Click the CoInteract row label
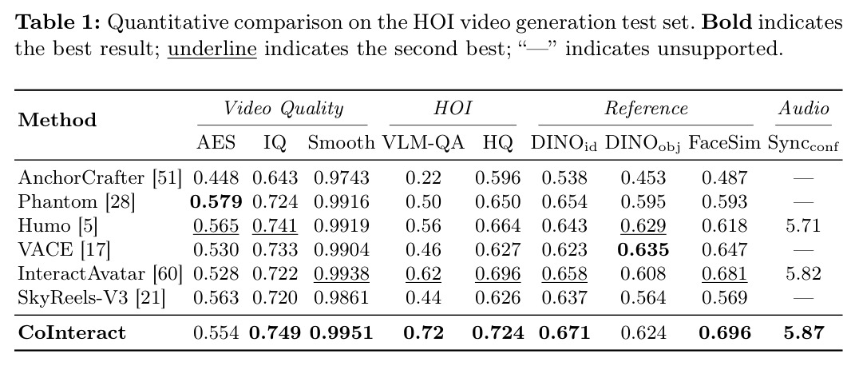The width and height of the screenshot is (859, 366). (x=72, y=332)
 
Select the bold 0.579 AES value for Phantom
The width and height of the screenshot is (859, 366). (x=216, y=201)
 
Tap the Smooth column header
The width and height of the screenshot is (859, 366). (x=342, y=143)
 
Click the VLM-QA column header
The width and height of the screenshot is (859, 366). (x=423, y=143)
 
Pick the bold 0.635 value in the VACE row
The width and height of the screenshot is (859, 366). (x=643, y=249)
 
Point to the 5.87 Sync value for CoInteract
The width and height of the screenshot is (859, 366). (x=804, y=332)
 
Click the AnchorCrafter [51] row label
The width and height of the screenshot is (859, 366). (x=100, y=177)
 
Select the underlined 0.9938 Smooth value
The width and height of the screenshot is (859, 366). (x=342, y=274)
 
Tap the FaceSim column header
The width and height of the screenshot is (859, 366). (x=724, y=143)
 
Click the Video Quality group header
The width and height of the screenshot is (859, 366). (x=283, y=108)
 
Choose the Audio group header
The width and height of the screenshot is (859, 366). (x=804, y=108)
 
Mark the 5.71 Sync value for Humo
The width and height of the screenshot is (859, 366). (x=804, y=225)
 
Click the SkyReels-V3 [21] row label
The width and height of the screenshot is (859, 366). (x=92, y=297)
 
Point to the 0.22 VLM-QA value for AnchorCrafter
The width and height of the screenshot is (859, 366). (x=423, y=177)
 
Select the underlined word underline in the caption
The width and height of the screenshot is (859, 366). (x=212, y=49)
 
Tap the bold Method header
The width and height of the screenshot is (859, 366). (x=57, y=120)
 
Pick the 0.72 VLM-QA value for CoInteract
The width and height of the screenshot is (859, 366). (x=423, y=332)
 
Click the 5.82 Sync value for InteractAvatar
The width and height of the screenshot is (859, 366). (x=804, y=273)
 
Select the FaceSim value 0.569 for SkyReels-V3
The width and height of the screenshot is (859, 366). (x=724, y=297)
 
